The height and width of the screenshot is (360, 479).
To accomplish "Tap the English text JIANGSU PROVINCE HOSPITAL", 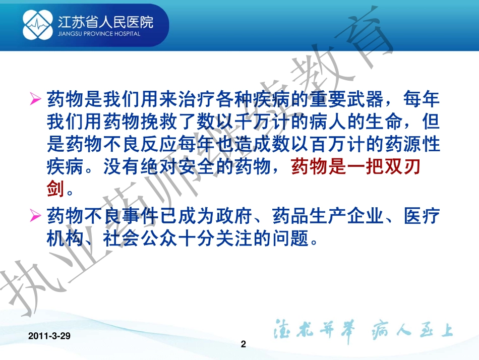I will coord(99,34).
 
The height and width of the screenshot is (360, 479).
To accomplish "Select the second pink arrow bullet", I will coord(35,216).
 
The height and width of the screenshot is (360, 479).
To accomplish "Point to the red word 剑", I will coord(55,190).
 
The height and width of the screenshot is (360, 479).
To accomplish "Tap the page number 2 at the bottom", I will coord(244,344).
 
